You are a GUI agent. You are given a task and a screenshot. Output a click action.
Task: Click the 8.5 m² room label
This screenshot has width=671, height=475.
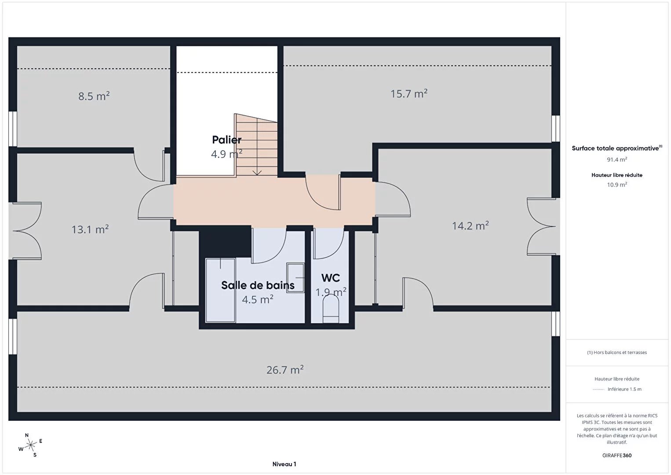[x=94, y=96]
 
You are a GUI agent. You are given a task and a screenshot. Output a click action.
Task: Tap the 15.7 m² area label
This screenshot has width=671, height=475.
[x=409, y=94]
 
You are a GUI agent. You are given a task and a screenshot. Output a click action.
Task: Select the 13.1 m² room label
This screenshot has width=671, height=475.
[x=90, y=229]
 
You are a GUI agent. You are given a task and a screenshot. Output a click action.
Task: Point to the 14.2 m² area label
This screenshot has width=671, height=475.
[x=470, y=225]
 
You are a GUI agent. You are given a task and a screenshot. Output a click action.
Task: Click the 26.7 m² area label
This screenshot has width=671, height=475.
[x=285, y=370]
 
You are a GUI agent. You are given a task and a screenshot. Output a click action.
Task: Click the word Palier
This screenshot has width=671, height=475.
[x=227, y=140]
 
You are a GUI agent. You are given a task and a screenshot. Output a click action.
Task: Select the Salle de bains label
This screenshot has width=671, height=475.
[x=258, y=285]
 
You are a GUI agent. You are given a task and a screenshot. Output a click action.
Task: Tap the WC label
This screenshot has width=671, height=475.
[x=330, y=278]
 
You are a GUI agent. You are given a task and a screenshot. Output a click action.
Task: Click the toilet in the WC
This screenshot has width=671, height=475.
[x=331, y=309]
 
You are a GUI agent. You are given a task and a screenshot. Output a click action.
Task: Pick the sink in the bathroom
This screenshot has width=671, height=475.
[x=295, y=278]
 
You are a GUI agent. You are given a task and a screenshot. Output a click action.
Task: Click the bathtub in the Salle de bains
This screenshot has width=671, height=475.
[x=220, y=290]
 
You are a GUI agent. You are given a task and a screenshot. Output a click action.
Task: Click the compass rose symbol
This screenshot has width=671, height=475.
[x=30, y=445]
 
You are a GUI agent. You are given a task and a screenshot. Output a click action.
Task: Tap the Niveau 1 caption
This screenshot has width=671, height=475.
[x=284, y=464]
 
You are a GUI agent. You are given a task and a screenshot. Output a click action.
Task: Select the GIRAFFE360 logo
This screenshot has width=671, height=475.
[x=617, y=455]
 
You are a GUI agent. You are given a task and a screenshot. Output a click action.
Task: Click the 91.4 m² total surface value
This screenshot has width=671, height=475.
[x=617, y=159]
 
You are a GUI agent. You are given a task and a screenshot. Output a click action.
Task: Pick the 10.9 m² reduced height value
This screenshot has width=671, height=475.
[x=617, y=184]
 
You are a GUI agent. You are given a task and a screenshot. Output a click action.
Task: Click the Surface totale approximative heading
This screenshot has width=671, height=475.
[x=617, y=148]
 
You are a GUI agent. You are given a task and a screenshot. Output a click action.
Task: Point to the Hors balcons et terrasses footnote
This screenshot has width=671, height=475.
[x=617, y=352]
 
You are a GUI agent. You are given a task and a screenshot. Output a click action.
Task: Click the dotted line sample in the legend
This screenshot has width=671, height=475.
[x=598, y=390]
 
